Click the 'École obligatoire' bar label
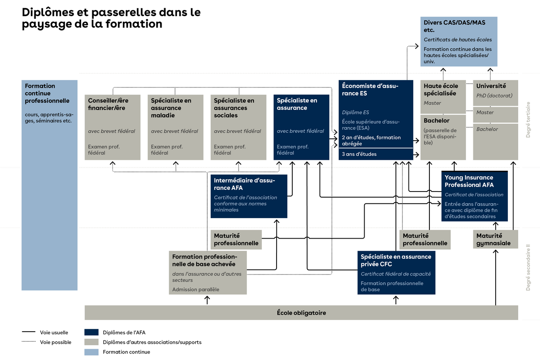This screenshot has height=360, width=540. point(301,313)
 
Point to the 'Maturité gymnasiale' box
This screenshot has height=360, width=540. point(496,239)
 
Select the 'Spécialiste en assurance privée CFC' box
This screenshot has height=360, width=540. point(396,273)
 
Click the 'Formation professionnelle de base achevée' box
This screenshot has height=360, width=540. point(208,273)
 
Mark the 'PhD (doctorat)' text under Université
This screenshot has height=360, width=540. point(494,96)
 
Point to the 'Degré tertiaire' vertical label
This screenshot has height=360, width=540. point(528,120)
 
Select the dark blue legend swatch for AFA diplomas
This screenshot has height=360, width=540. point(91,333)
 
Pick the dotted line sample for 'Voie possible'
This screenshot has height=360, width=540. point(28,342)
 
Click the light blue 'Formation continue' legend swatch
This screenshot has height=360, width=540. point(91,352)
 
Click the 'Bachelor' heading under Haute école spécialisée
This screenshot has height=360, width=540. point(436,121)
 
